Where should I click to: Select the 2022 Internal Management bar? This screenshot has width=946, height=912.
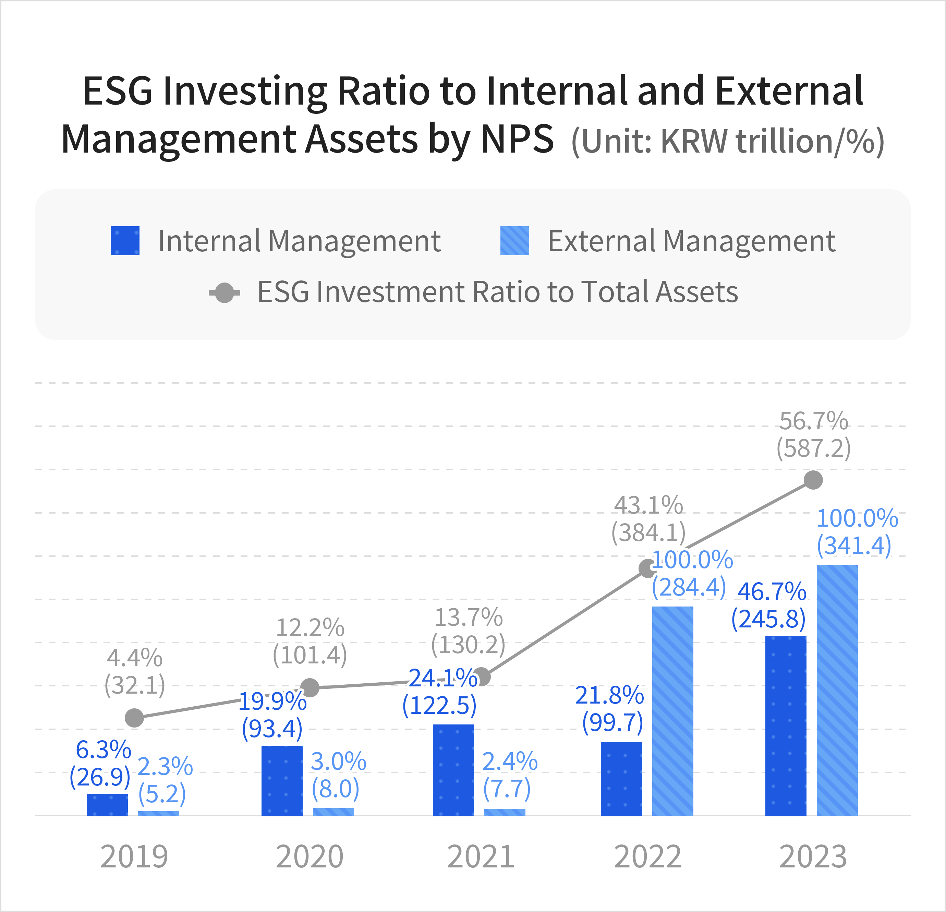621,778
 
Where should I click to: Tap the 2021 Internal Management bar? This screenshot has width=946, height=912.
453,770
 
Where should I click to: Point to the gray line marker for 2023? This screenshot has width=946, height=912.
813,480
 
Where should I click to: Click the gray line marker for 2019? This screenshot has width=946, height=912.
134,718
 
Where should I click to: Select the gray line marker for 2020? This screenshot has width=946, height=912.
310,687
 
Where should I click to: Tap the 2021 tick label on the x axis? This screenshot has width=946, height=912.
481,857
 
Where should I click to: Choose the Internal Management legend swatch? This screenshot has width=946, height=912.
125,240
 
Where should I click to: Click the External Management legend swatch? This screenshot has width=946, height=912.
514,240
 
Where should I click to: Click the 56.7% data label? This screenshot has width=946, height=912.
814,421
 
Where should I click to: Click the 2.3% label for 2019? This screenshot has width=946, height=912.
165,766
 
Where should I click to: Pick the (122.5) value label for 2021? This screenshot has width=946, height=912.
439,706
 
